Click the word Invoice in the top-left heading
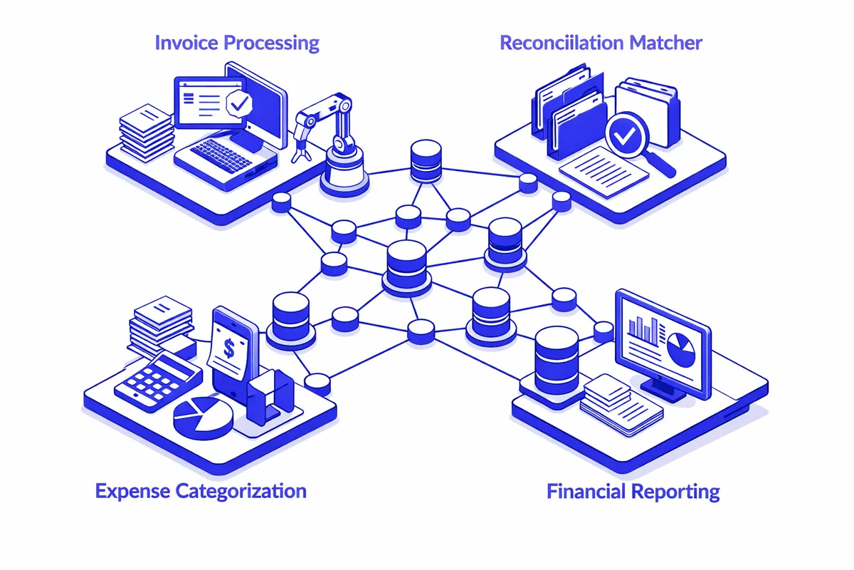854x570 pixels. click(x=186, y=42)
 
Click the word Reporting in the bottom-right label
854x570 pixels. click(x=675, y=492)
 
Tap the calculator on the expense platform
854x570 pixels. click(x=153, y=381)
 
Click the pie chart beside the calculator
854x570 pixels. click(x=204, y=417)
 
